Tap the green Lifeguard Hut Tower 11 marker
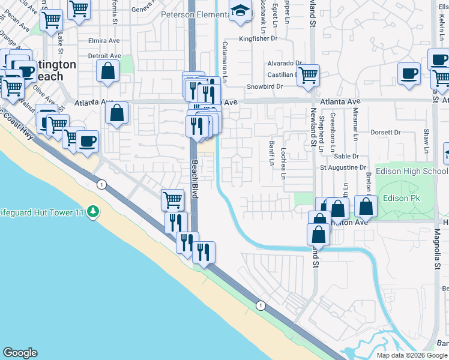[x=92, y=211]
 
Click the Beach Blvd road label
[x=195, y=178]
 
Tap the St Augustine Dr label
[x=343, y=167]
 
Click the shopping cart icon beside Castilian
[x=308, y=75]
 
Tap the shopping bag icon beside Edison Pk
[x=366, y=206]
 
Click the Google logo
[x=20, y=353]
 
